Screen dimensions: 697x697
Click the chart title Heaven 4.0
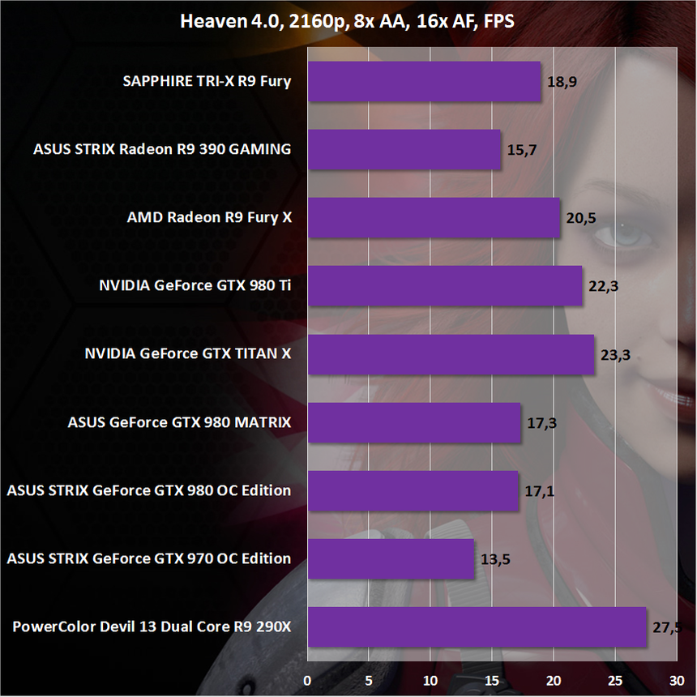pyautogui.click(x=348, y=22)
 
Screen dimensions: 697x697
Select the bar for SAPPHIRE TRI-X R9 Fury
pyautogui.click(x=424, y=82)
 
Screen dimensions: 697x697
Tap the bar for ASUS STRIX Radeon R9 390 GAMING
pyautogui.click(x=404, y=150)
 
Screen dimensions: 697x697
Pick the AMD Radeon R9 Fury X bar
pyautogui.click(x=434, y=218)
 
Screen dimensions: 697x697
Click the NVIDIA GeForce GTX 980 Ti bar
pyautogui.click(x=444, y=286)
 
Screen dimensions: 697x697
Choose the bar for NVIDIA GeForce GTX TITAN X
pyautogui.click(x=451, y=354)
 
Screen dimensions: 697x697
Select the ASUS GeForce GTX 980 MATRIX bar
pyautogui.click(x=413, y=422)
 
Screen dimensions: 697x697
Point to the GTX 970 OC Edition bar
pyautogui.click(x=391, y=558)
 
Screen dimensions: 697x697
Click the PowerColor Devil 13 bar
pyautogui.click(x=477, y=626)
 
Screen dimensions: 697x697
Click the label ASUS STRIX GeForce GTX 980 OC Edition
pyautogui.click(x=148, y=490)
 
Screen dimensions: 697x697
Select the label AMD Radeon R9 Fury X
pyautogui.click(x=209, y=218)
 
